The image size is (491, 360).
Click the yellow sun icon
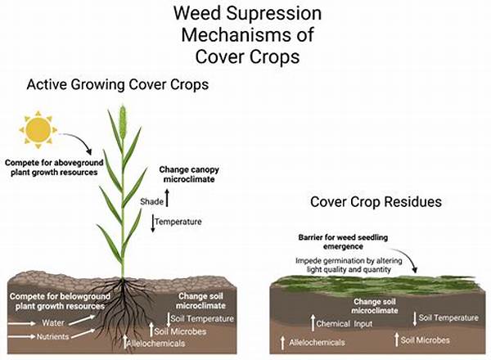point(38,130)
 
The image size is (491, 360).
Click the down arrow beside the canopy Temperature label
point(154,221)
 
